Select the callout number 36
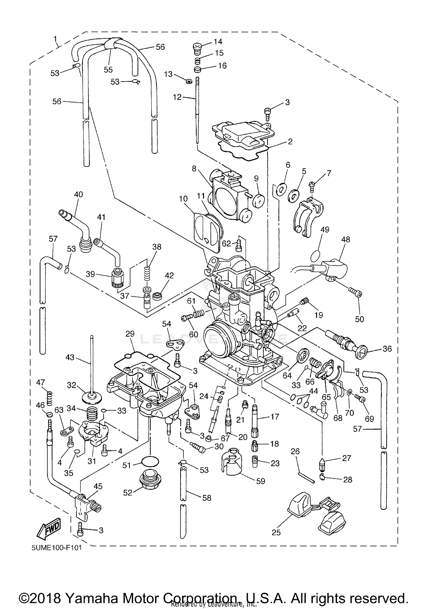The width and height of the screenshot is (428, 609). pyautogui.click(x=387, y=349)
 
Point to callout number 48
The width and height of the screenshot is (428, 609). pyautogui.click(x=346, y=239)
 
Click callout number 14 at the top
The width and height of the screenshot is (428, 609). pyautogui.click(x=218, y=42)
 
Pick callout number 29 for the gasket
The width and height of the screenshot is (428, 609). pyautogui.click(x=130, y=334)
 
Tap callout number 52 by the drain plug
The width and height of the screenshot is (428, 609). pyautogui.click(x=128, y=493)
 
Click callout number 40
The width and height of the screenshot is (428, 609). pyautogui.click(x=78, y=195)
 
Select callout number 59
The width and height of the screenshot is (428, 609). pyautogui.click(x=261, y=481)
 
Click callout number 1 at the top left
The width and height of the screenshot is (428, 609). pyautogui.click(x=55, y=39)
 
